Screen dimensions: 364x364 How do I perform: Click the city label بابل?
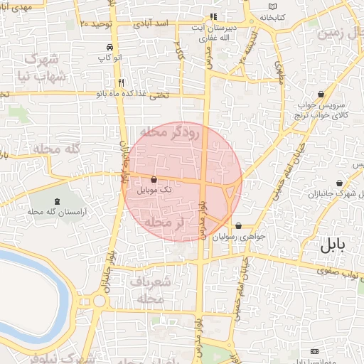[332, 245]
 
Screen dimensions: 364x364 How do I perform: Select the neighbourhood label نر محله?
[164, 223]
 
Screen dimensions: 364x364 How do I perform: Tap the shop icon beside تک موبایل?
[154, 180]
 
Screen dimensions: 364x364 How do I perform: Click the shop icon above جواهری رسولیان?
[237, 225]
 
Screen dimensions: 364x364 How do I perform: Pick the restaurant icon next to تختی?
[122, 82]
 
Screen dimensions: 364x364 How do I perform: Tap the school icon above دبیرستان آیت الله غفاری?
[213, 16]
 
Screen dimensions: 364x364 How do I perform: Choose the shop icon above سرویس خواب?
[321, 94]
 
